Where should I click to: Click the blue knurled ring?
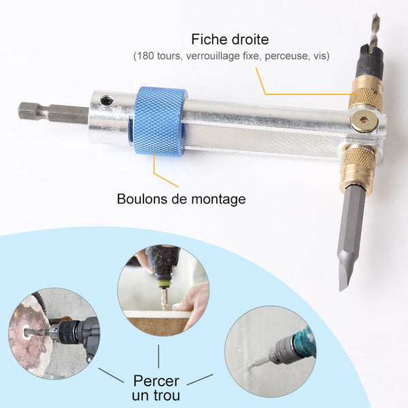pos(158,121)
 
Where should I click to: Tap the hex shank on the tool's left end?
pos(53,113)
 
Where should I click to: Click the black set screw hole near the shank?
pos(107,99)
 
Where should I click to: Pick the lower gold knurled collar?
pos(357,167)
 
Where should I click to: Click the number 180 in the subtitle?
pos(146,56)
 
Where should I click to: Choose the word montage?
pos(218,200)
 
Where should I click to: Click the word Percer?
pos(156,381)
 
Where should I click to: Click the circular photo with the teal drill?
pos(271,351)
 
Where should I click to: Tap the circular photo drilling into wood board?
pos(163,290)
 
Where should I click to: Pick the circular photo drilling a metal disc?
pos(54,333)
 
